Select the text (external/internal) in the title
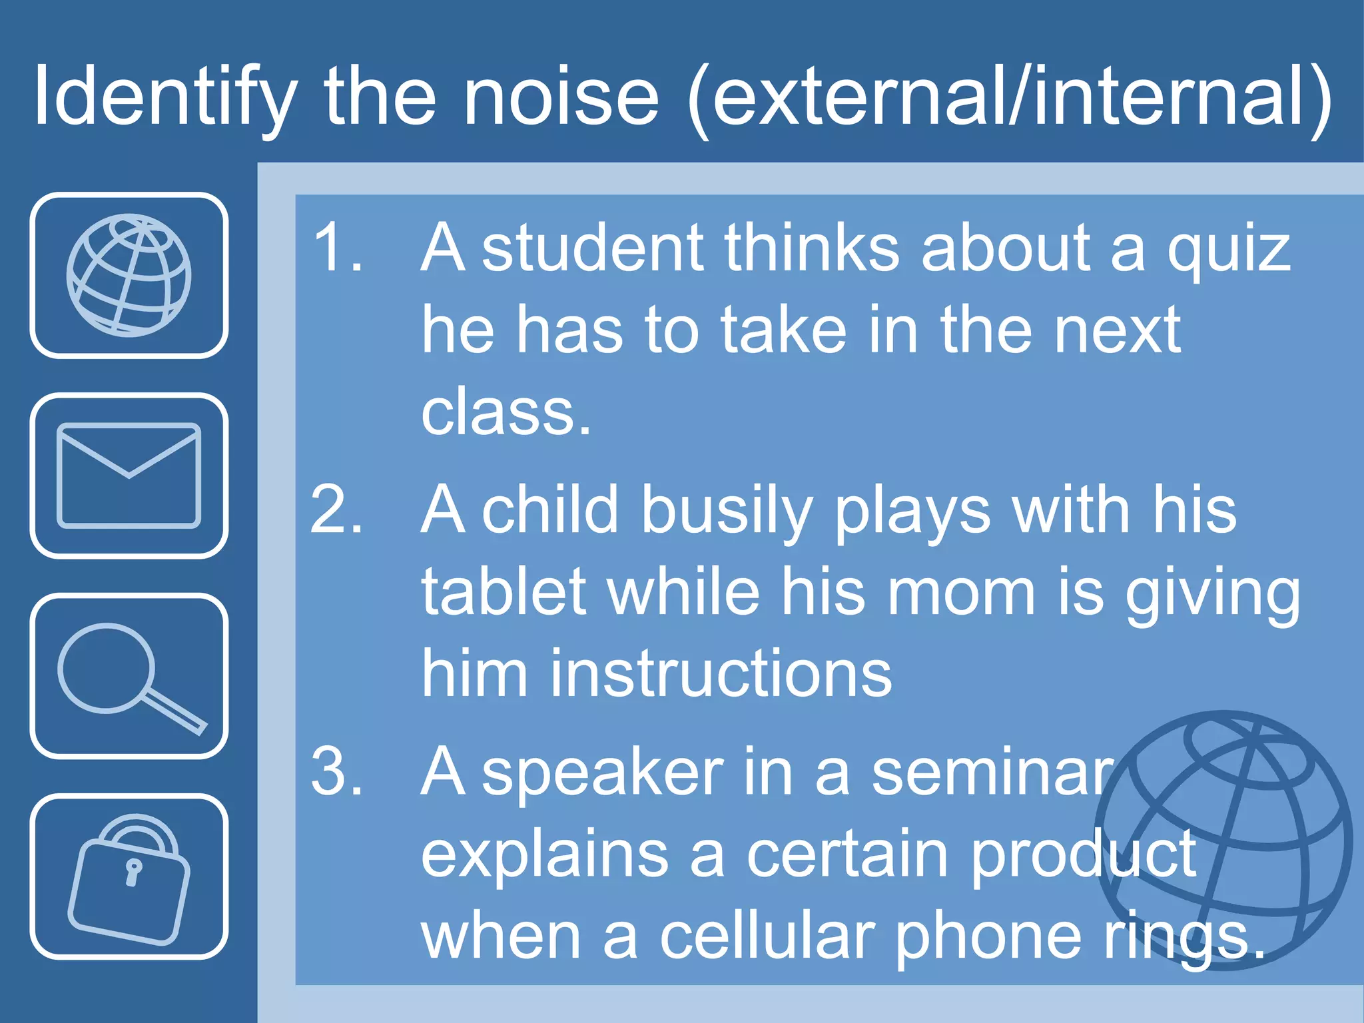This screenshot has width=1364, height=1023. [1010, 97]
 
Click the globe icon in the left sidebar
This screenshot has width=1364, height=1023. [129, 275]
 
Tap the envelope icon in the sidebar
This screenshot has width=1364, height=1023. [129, 475]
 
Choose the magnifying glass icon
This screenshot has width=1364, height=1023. [129, 676]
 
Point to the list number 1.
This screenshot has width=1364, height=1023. [337, 248]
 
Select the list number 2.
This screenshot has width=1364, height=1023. [337, 510]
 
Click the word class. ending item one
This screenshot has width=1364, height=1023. [506, 413]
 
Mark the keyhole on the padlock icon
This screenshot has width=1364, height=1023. [133, 871]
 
